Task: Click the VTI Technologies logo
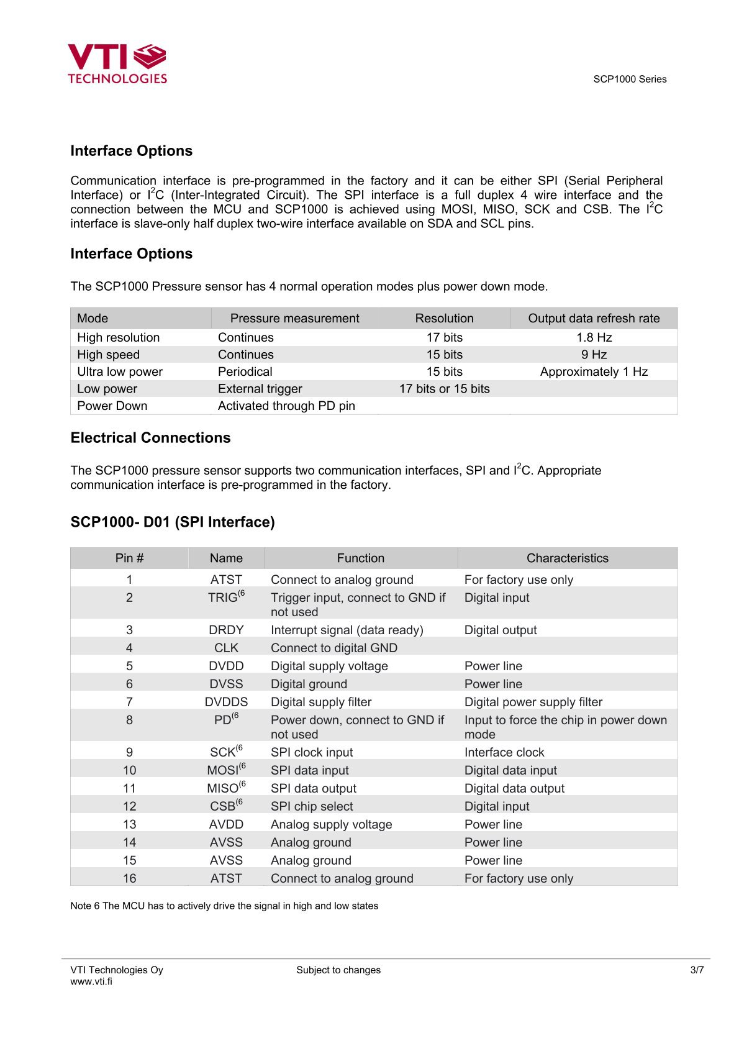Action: point(117,63)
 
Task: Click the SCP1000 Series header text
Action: point(629,79)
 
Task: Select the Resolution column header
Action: point(444,318)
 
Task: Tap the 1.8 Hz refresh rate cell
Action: point(594,337)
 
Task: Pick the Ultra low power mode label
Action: point(120,371)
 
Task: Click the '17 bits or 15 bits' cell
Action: point(444,389)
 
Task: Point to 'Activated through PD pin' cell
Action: point(286,406)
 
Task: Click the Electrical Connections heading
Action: point(150,438)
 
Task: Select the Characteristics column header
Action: point(567,558)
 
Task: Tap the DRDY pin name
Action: point(226,630)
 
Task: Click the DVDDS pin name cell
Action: point(226,702)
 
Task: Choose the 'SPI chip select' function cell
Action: point(312,806)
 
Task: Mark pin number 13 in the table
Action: point(129,824)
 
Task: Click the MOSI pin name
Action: point(224,770)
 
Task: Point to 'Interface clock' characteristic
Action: point(504,752)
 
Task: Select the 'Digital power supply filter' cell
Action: point(533,702)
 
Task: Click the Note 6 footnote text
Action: point(224,906)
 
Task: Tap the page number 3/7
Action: point(697,970)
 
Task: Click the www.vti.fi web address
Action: point(91,981)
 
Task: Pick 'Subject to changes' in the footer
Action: point(338,970)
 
